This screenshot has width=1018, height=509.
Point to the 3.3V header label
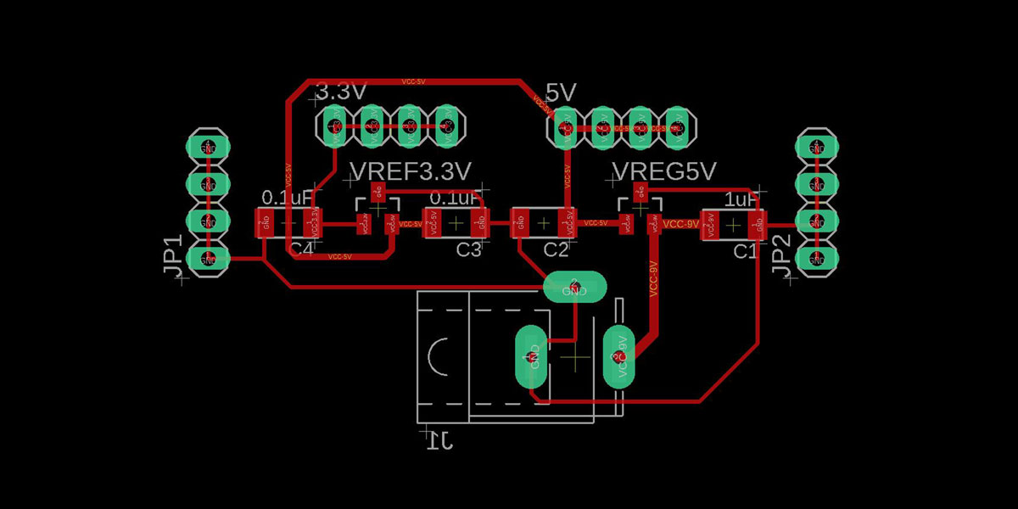point(341,92)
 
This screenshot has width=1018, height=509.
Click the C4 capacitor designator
point(301,249)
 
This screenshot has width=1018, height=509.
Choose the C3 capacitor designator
point(469,249)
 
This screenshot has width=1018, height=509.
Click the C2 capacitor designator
point(556,249)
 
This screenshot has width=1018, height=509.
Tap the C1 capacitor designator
point(745,250)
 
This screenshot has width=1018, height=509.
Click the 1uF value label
point(741,199)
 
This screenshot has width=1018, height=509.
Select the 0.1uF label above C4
point(288,198)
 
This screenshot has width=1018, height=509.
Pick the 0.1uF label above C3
point(456,198)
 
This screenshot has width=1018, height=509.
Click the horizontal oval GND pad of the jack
point(575,288)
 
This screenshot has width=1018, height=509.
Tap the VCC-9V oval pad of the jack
point(619,355)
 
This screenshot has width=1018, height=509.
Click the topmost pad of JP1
point(207,146)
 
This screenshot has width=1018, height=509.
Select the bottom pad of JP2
point(816,258)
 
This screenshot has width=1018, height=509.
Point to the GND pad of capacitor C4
point(265,224)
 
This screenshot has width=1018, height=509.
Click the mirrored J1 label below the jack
point(439,439)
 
